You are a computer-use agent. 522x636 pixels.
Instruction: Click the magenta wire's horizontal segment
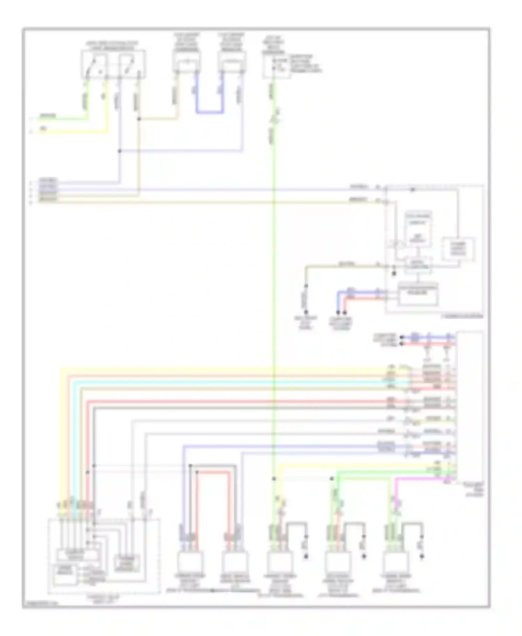(421, 478)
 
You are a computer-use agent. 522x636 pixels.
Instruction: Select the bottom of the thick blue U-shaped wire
(209, 112)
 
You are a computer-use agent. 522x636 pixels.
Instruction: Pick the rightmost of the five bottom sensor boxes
(396, 561)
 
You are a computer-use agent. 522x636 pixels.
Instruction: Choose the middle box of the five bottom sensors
(279, 561)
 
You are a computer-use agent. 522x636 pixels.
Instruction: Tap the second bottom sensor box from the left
(235, 561)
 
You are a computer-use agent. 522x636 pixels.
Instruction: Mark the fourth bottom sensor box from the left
(338, 561)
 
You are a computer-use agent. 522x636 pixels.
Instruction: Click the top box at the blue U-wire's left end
(187, 62)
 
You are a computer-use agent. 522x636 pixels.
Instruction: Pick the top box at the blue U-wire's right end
(232, 62)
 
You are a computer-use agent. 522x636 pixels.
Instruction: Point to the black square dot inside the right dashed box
(394, 274)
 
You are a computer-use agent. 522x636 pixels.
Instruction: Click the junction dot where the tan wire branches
(139, 119)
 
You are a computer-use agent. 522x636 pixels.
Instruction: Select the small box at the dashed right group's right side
(458, 249)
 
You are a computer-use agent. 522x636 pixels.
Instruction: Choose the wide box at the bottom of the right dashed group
(418, 294)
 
